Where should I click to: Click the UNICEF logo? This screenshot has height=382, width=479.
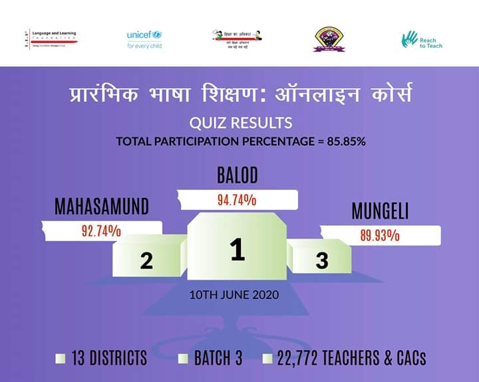tap(144, 39)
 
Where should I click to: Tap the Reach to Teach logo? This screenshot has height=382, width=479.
tap(422, 40)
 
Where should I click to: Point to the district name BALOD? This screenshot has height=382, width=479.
tap(237, 176)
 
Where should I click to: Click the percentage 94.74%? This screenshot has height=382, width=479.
tap(237, 199)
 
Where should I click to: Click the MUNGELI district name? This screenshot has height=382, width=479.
tap(380, 212)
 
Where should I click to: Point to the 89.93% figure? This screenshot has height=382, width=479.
tap(380, 235)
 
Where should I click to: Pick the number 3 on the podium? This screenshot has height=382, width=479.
tap(322, 261)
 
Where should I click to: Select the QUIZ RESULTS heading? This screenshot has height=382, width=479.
tap(240, 123)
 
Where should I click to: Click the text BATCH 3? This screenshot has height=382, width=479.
tap(218, 359)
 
